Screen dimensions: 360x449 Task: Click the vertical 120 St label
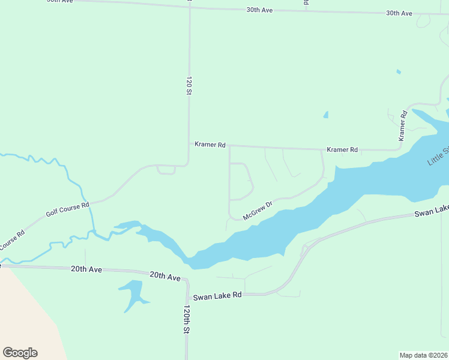click(188, 86)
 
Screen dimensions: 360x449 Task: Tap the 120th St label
click(187, 319)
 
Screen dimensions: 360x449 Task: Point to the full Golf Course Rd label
click(67, 209)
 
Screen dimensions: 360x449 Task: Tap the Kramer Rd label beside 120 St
click(210, 145)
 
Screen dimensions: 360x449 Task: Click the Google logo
click(20, 353)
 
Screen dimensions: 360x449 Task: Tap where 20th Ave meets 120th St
click(186, 280)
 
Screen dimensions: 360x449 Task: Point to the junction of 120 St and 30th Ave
click(189, 7)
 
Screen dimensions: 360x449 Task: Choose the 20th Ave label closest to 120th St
click(165, 276)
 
